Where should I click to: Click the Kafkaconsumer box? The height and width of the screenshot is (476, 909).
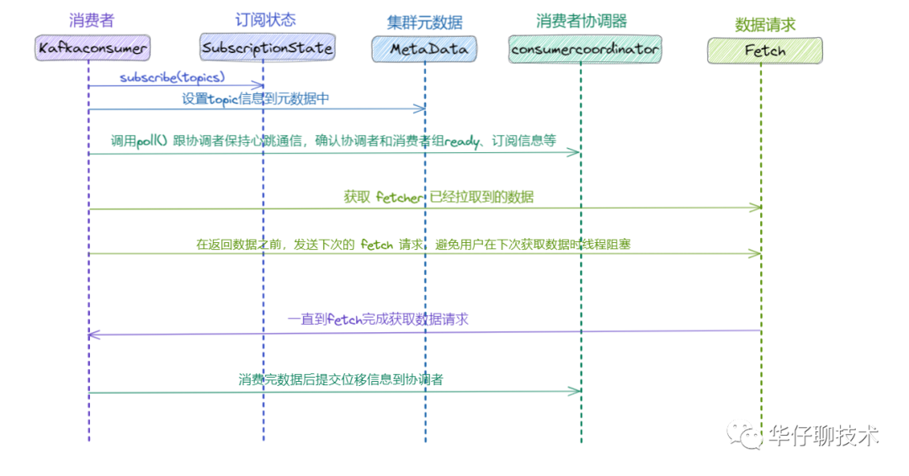click(x=93, y=48)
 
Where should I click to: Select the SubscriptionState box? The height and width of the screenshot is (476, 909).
click(x=268, y=48)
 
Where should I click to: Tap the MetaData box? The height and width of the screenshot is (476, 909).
click(x=424, y=50)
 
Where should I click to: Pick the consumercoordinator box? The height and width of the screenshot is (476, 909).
click(x=585, y=50)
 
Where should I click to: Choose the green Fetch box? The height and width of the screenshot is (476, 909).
click(x=764, y=51)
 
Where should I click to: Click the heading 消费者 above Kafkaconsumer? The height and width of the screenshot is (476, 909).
click(x=92, y=19)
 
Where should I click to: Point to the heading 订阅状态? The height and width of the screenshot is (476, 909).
click(x=266, y=19)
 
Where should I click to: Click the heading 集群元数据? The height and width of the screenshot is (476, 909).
click(x=424, y=23)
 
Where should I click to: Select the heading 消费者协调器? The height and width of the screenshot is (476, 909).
click(x=582, y=21)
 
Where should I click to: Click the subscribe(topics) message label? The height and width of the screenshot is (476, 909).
click(x=172, y=77)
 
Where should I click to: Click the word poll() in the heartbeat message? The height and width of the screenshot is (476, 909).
click(x=152, y=141)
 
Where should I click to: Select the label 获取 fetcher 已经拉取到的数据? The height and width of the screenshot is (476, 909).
click(x=438, y=198)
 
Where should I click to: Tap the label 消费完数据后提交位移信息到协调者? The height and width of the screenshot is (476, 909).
click(x=340, y=379)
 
